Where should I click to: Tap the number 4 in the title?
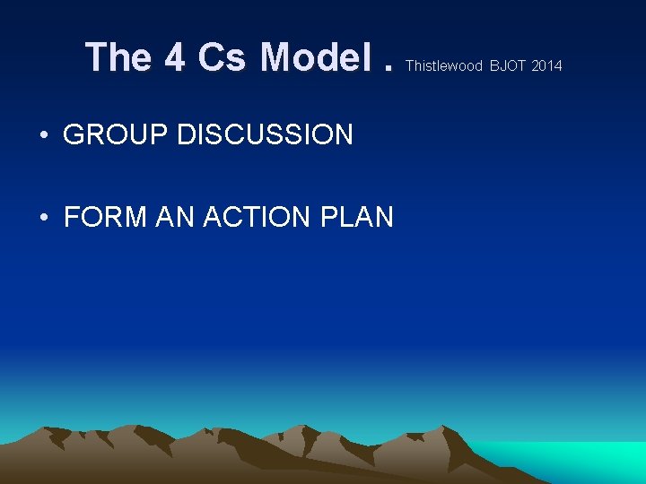tap(175, 58)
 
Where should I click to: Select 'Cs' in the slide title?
tap(223, 58)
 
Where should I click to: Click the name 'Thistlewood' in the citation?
tap(444, 65)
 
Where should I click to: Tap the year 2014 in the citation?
tap(547, 65)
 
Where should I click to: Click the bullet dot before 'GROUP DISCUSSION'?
tap(44, 136)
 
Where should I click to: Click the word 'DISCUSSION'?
tap(265, 135)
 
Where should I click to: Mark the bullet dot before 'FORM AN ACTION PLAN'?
tap(44, 218)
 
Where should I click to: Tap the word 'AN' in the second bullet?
tap(175, 217)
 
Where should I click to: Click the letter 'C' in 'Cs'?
tap(212, 58)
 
